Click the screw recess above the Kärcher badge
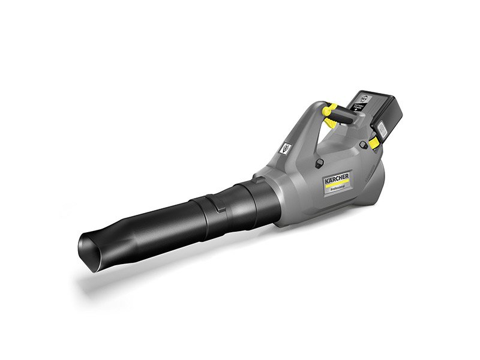coord(319,161)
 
